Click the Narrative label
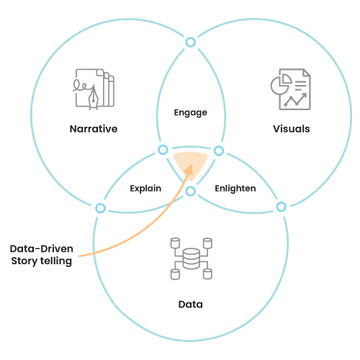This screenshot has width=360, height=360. [94, 129]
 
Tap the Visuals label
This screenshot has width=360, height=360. [291, 129]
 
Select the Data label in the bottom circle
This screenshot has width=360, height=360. [191, 305]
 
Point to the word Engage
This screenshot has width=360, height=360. [191, 112]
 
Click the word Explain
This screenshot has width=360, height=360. [145, 189]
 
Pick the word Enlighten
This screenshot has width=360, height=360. [235, 189]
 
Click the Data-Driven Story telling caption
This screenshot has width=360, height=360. [41, 255]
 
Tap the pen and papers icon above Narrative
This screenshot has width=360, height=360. [94, 89]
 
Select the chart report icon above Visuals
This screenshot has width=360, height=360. [291, 89]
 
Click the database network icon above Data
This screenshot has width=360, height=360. [191, 258]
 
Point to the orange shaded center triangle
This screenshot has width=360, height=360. [191, 164]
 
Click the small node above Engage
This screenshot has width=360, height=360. [191, 42]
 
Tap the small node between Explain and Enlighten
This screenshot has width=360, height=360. [191, 192]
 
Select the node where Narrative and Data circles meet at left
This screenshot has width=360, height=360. [100, 208]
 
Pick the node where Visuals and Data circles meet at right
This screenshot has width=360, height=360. [281, 207]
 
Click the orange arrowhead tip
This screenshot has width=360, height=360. [192, 164]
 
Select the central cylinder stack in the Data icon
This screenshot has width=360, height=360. [191, 258]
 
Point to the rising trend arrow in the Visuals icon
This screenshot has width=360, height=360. [295, 99]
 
